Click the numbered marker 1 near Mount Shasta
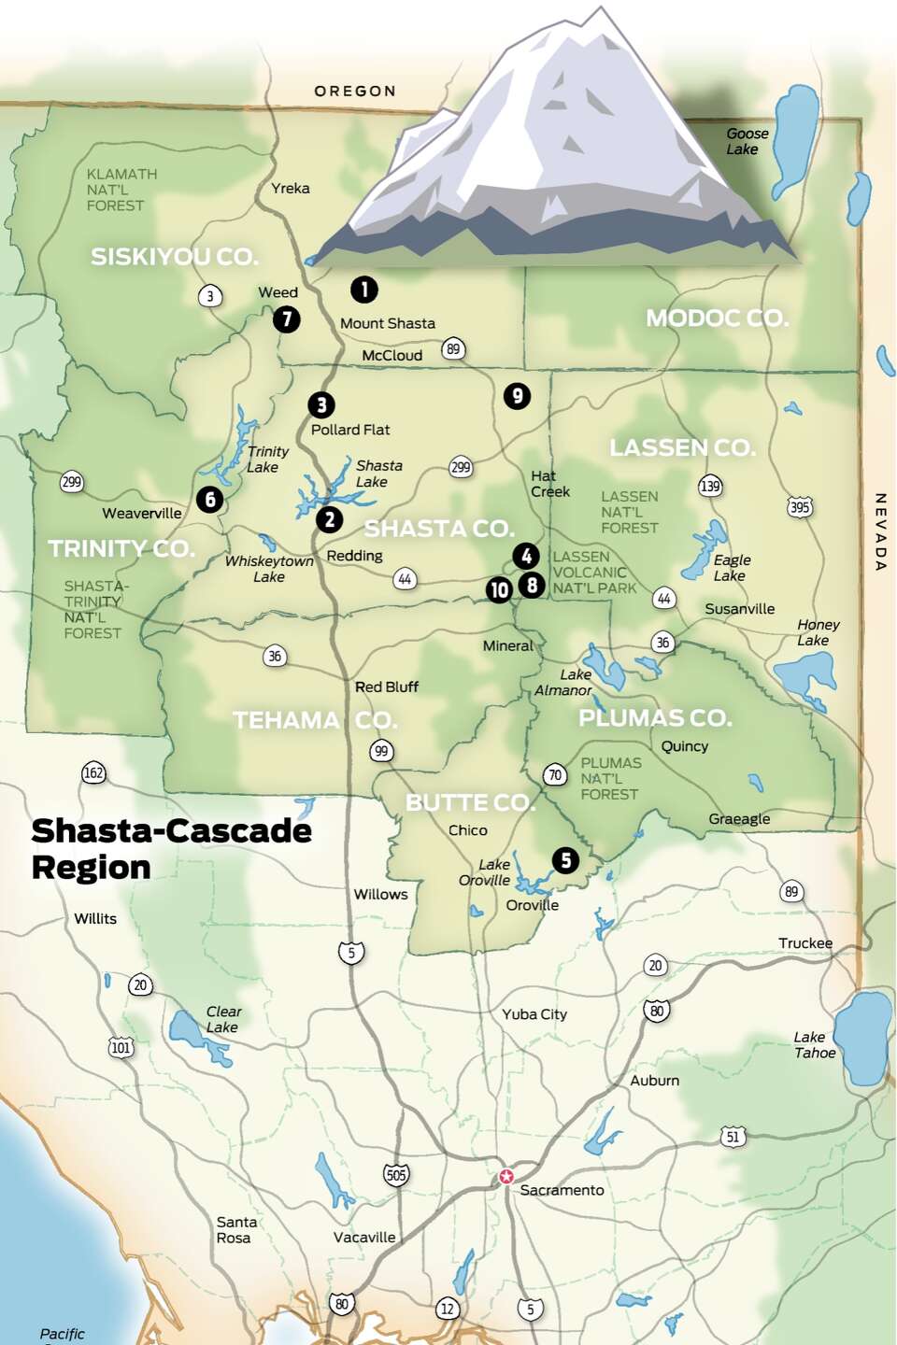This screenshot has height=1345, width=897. [364, 290]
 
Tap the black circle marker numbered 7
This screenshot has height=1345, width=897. [287, 319]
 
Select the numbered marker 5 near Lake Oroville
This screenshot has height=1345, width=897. [565, 860]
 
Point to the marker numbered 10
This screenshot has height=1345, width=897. [499, 589]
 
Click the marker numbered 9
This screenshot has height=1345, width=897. [517, 396]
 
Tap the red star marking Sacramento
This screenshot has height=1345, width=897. [506, 1176]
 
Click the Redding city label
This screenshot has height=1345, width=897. [354, 556]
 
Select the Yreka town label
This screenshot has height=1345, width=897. [290, 189]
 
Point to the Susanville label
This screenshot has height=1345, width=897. [739, 609]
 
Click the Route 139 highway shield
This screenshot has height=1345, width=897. [710, 486]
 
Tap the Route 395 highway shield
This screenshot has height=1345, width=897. [800, 507]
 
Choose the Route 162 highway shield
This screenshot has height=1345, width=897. [93, 772]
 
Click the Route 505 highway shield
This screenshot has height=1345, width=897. [396, 1175]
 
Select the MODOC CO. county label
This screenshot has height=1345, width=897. [717, 319]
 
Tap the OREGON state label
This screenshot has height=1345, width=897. [355, 92]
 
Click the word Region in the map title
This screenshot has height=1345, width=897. [91, 868]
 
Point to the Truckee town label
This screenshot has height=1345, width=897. [804, 943]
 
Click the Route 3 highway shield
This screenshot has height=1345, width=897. [210, 296]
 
